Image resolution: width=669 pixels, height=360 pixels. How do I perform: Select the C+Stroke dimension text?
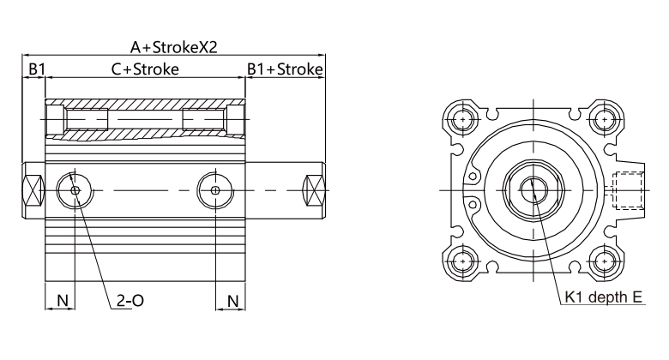click(x=145, y=69)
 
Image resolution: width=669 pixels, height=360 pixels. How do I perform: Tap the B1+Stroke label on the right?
click(x=285, y=69)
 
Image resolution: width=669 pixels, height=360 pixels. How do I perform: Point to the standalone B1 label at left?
click(x=34, y=69)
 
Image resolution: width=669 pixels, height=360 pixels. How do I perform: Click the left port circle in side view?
click(x=75, y=189)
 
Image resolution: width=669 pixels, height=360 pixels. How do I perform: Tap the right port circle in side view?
click(x=214, y=189)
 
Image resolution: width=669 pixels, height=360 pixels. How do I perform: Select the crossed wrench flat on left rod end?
click(x=32, y=189)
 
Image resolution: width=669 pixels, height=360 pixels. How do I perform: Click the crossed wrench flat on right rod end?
click(x=315, y=189)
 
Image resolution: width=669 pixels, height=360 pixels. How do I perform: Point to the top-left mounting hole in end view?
click(x=464, y=117)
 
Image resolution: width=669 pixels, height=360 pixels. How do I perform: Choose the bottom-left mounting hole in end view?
click(x=464, y=259)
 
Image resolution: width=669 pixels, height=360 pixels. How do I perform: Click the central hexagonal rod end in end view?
click(x=533, y=188)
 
